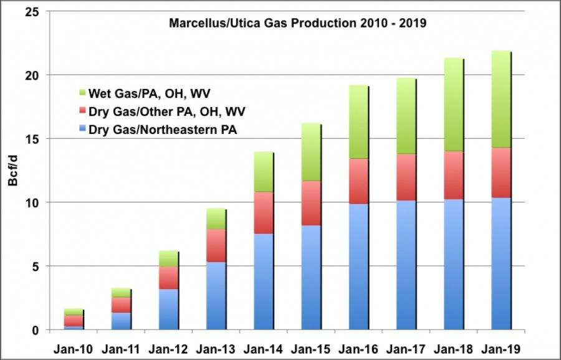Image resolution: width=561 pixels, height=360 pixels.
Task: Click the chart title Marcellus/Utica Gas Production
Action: tap(298, 24)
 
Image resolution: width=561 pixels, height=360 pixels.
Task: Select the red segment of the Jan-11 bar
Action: tap(120, 305)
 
